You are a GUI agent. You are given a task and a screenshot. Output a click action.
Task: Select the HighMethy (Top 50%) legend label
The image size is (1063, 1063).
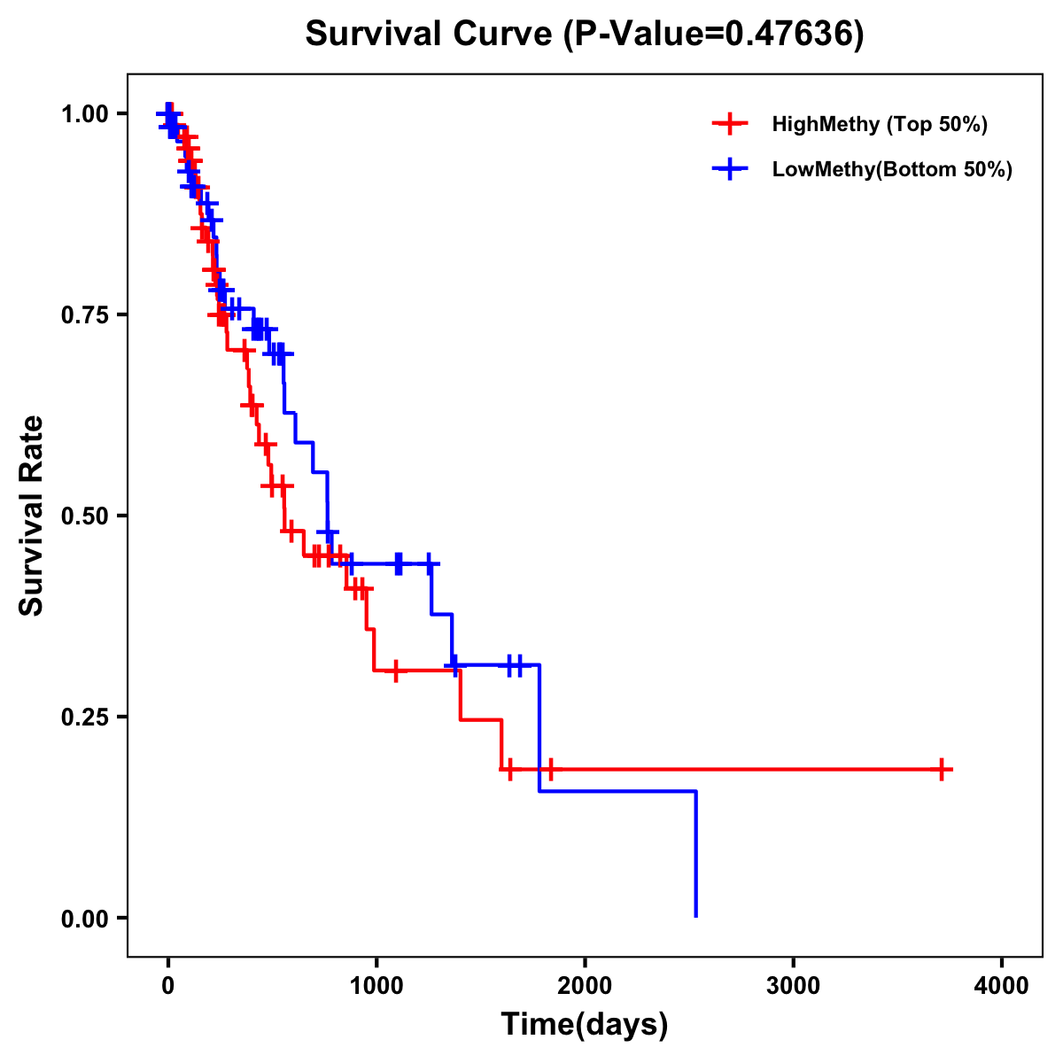879,124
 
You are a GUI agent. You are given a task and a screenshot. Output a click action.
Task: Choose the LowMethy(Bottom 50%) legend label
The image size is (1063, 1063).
892,169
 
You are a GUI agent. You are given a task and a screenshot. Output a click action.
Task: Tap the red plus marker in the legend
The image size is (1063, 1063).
730,124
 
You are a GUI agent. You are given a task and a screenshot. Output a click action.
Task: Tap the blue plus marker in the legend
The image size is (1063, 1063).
730,169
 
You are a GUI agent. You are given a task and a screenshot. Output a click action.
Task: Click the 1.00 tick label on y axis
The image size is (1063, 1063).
84,113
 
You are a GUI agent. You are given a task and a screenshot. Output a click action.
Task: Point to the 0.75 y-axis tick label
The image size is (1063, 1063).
84,314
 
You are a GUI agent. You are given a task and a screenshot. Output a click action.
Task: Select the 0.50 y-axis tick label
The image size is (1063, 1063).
84,516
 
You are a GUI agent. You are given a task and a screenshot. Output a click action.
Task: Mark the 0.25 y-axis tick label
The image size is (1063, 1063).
84,717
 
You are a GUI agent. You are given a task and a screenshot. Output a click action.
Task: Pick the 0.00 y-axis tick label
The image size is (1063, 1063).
84,918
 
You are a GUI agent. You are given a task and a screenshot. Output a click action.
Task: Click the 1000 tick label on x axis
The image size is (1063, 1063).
376,986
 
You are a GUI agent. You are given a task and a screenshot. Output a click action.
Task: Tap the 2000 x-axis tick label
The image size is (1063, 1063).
585,986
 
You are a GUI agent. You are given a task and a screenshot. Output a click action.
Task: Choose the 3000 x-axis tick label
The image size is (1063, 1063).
793,986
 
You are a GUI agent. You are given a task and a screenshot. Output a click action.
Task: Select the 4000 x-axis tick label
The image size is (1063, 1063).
1002,986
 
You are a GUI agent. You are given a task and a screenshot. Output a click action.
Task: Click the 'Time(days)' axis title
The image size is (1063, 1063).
584,1025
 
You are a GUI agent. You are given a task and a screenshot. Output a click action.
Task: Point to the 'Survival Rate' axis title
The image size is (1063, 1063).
32,516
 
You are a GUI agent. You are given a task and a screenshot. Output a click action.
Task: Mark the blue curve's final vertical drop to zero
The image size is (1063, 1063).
695,853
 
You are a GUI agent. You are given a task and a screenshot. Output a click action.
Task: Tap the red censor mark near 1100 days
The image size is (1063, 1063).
395,671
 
